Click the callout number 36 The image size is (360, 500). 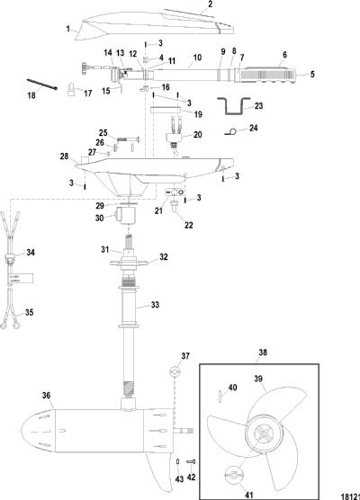(x=46, y=396)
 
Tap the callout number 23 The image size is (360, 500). (x=259, y=105)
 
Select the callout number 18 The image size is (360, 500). (x=31, y=95)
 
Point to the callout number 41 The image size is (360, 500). (x=248, y=496)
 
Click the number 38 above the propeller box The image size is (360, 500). (x=263, y=353)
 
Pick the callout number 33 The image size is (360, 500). (x=155, y=305)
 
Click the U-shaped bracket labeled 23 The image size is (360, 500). (x=234, y=106)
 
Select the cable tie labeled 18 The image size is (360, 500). (x=41, y=85)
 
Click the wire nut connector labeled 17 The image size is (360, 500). (x=72, y=89)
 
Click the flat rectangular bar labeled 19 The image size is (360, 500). (x=166, y=111)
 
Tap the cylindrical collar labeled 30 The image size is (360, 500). (x=126, y=216)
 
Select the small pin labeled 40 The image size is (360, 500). (x=220, y=397)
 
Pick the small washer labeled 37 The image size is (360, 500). (x=175, y=371)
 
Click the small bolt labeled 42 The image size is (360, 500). (x=191, y=461)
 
